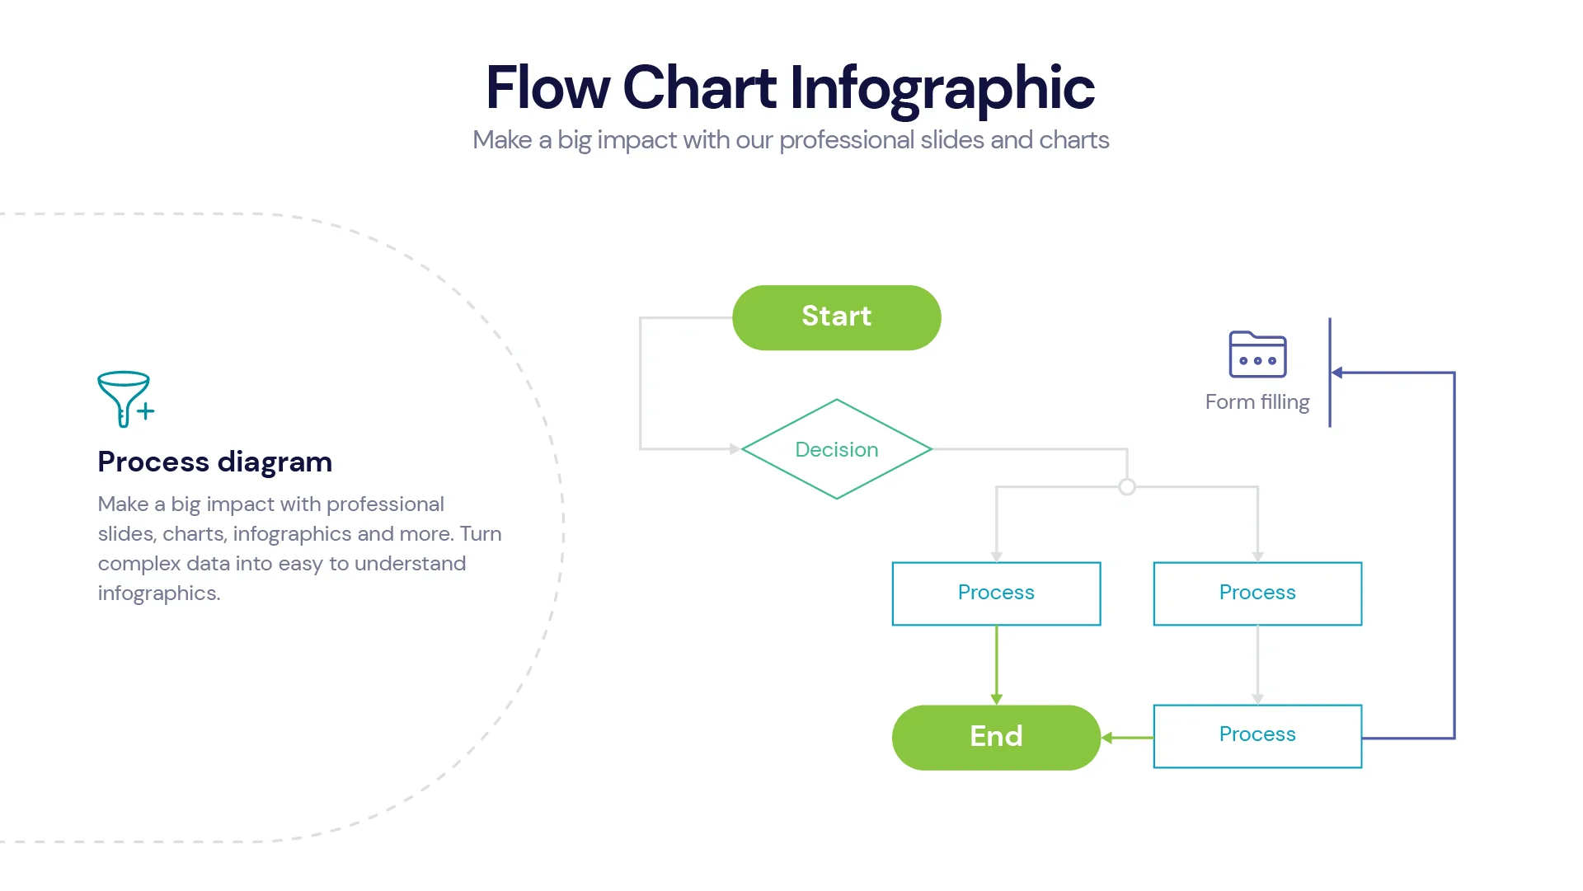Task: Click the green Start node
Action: tap(836, 317)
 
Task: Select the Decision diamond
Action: tap(836, 449)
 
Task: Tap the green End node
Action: tap(996, 737)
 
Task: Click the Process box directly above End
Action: tap(996, 593)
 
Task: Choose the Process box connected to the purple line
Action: tap(1257, 736)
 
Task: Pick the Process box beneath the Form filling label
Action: tap(1257, 593)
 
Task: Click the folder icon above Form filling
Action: tap(1257, 354)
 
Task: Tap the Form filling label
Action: tap(1257, 402)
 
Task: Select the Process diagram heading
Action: tap(214, 462)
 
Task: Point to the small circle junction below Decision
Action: tap(1127, 487)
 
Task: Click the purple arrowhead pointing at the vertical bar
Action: tap(1337, 373)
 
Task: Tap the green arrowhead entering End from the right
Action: tap(1107, 738)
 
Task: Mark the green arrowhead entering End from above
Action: tap(996, 699)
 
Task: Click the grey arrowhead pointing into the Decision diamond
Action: tap(734, 449)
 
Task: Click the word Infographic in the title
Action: tap(942, 87)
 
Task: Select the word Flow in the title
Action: tap(547, 87)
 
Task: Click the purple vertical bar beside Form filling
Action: tap(1329, 373)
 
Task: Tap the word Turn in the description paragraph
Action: tap(481, 534)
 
